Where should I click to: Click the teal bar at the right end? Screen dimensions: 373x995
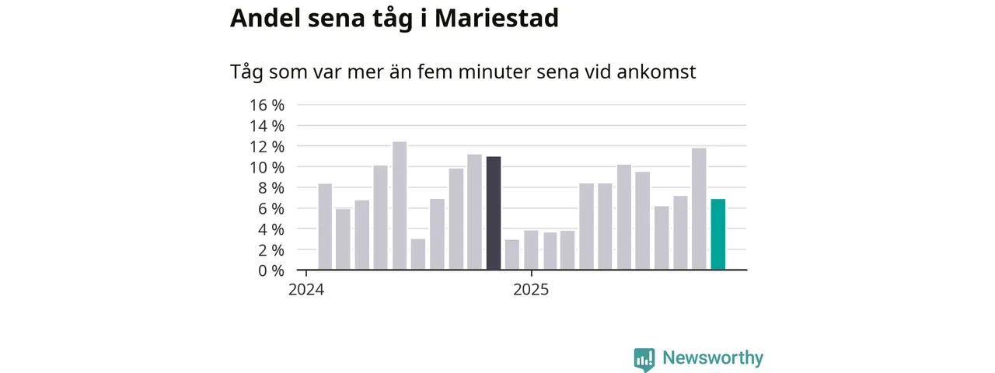point(717,235)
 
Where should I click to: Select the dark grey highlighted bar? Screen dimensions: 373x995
point(494,214)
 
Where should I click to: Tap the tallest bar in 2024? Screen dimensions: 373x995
point(400,206)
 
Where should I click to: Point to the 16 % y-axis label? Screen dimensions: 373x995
point(267,105)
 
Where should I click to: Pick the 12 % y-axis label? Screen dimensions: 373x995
point(267,146)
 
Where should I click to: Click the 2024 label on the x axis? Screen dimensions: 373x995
point(306,291)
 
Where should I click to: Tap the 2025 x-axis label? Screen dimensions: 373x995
point(530,291)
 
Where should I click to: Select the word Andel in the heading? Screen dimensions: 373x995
point(265,19)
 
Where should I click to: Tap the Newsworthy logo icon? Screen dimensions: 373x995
point(644,359)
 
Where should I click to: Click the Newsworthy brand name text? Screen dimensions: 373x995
point(713,358)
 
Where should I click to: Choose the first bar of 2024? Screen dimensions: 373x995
point(325,227)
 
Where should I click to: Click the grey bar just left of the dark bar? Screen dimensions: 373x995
point(474,212)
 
